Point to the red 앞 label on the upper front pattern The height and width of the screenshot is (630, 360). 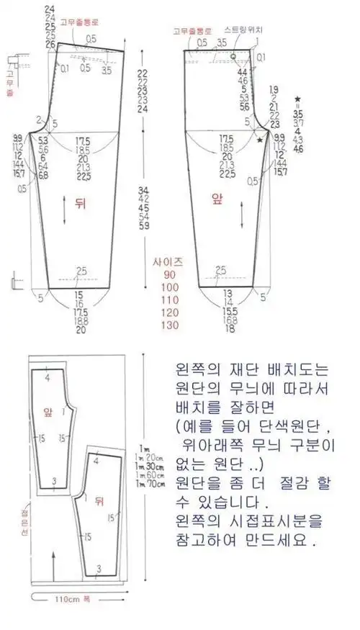(216, 201)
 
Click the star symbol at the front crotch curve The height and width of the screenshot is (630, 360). (260, 140)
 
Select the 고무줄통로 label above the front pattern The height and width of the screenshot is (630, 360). (192, 31)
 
